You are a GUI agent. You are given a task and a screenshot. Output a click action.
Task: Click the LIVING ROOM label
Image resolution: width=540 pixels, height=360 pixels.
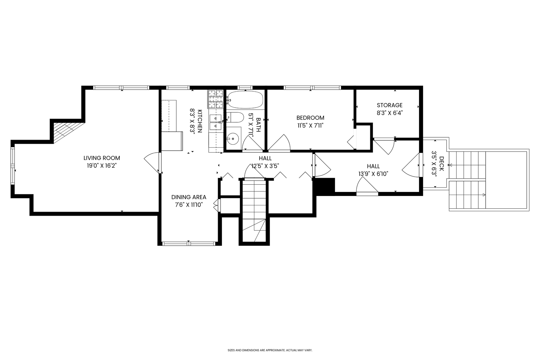[102, 158]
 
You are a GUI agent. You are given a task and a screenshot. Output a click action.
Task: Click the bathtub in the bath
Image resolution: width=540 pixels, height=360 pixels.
[245, 99]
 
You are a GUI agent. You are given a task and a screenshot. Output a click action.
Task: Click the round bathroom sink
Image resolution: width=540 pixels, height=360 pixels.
[233, 138]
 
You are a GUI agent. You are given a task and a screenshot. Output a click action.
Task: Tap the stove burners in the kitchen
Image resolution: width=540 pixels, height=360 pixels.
[215, 99]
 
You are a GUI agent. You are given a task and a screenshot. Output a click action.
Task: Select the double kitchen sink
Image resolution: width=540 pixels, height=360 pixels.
[215, 122]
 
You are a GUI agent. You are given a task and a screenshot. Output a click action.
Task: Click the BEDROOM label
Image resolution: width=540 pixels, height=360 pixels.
[310, 118]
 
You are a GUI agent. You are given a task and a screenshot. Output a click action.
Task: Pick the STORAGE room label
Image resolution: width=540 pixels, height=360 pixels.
[390, 105]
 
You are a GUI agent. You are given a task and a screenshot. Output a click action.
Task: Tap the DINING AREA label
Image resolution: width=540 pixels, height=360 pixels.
[189, 197]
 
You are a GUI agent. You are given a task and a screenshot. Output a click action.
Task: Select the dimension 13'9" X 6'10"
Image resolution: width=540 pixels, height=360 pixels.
[373, 173]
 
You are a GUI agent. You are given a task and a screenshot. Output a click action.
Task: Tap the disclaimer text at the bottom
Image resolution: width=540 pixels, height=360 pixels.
[270, 350]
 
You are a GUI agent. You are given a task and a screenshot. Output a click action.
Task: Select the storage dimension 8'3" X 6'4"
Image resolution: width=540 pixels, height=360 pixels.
[390, 113]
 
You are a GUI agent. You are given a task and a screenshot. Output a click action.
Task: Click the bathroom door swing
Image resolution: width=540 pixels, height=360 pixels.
[251, 143]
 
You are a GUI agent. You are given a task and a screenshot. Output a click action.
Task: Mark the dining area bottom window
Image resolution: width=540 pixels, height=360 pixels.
[189, 243]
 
